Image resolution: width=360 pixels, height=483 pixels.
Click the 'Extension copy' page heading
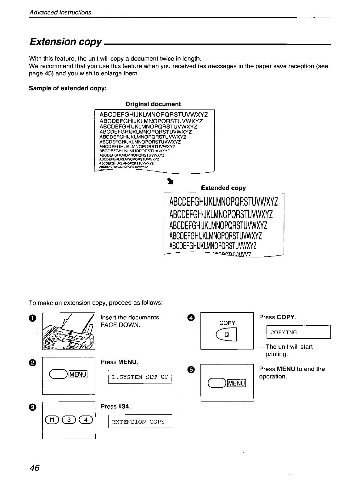[x=65, y=42]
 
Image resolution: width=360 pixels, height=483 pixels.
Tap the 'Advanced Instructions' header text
[x=60, y=12]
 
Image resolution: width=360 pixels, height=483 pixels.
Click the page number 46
[x=35, y=468]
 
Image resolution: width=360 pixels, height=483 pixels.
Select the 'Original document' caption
[x=153, y=104]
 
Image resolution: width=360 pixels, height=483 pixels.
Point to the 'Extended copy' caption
[x=223, y=188]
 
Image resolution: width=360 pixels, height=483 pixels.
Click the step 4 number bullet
[x=190, y=317]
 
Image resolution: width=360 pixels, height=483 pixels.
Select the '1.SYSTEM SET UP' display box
[x=140, y=377]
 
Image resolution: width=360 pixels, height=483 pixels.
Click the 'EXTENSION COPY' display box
[x=140, y=422]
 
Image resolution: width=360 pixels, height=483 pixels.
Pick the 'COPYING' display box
[x=298, y=332]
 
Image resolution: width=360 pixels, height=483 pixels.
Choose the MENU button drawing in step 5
[x=227, y=383]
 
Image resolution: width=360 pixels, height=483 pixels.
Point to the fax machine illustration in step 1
[x=69, y=331]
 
